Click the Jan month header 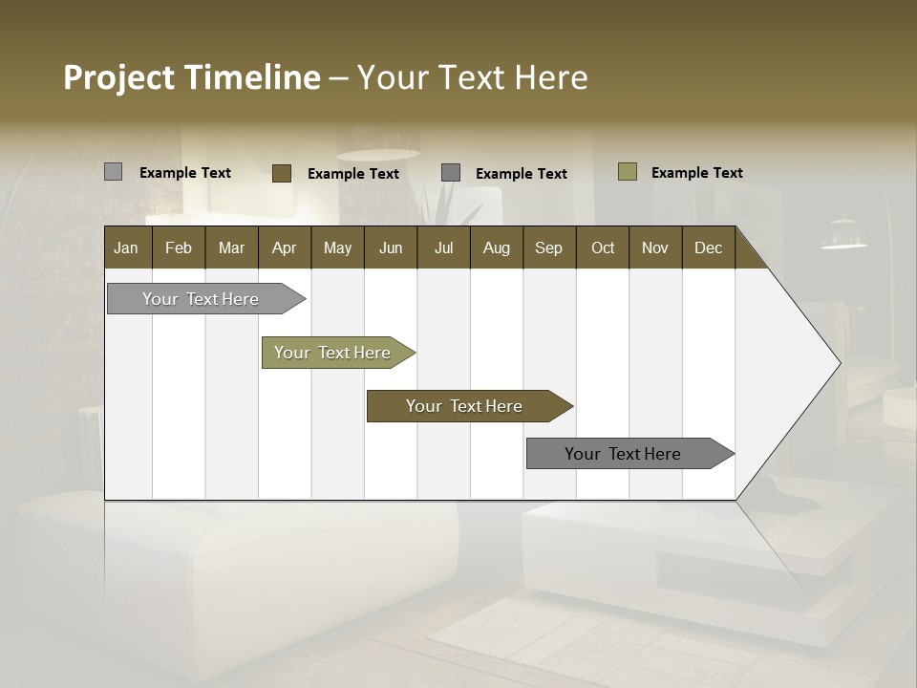click(127, 247)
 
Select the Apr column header click(285, 247)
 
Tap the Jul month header click(443, 247)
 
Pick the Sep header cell click(548, 247)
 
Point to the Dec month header click(708, 247)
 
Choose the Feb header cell click(179, 247)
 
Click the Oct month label click(603, 247)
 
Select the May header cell click(337, 247)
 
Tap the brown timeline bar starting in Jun click(465, 406)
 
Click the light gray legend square click(113, 172)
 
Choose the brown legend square click(282, 173)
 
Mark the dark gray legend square click(451, 173)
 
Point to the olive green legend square click(628, 172)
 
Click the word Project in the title click(119, 77)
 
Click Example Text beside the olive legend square click(696, 173)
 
